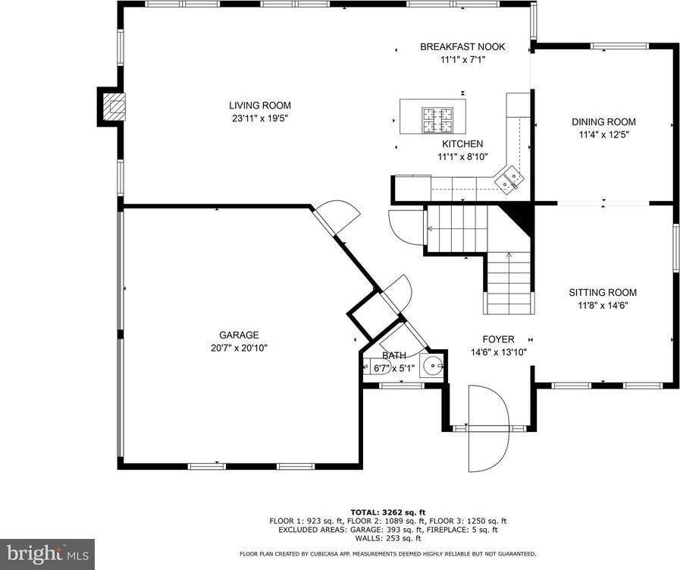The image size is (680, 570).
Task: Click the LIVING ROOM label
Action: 260,105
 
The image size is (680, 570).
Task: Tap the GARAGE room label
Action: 239,335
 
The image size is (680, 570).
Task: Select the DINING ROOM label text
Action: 603,121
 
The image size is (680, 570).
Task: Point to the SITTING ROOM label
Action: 603,292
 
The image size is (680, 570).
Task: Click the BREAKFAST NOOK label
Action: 462,47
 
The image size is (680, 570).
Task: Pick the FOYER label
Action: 498,339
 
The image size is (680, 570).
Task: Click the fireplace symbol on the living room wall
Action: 112,106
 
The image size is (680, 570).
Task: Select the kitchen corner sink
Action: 510,179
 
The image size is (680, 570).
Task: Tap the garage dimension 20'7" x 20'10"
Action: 239,348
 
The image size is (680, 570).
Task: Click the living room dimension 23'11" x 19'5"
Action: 260,118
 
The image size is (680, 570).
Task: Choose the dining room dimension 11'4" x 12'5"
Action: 603,134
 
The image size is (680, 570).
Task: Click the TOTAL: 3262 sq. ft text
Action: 387,512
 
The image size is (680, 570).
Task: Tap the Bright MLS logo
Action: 47,553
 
